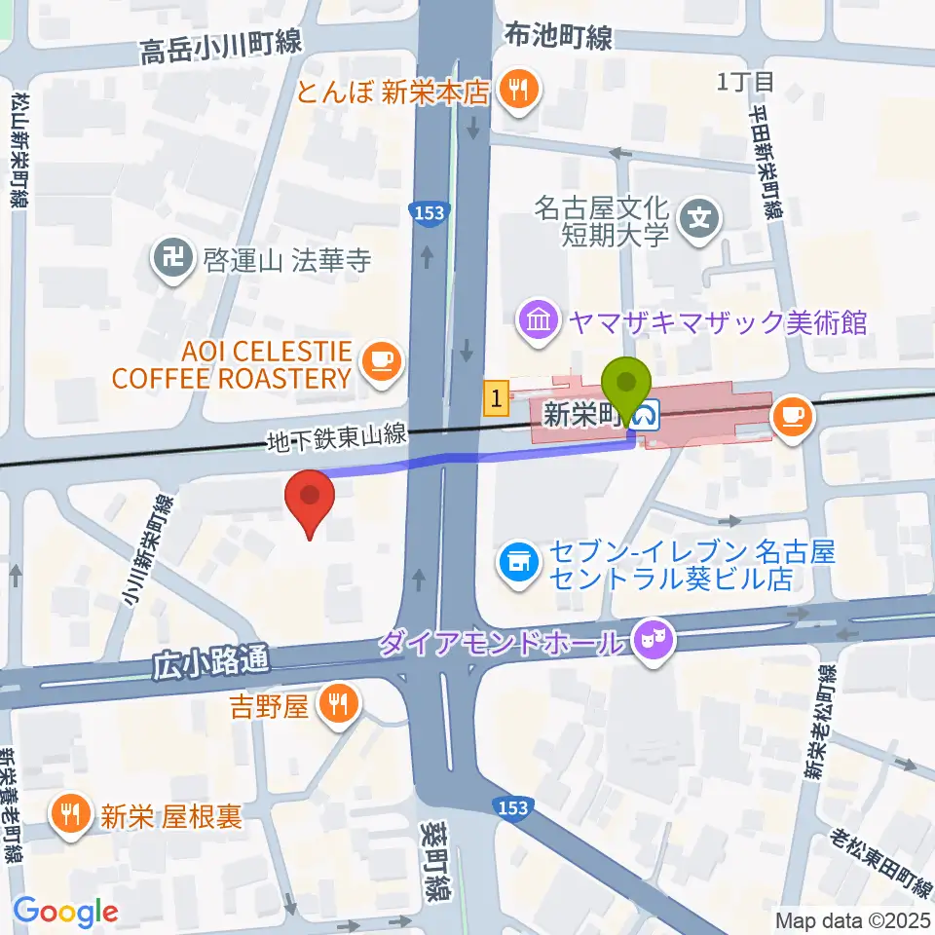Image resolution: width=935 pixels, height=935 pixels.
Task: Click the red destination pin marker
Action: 310,500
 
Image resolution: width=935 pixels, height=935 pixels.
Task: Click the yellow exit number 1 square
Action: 497,397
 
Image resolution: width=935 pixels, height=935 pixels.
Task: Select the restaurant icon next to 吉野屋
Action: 338,704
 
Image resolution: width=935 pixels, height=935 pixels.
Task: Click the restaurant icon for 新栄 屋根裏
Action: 71,813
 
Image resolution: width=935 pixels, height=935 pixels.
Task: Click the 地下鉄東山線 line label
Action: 336,437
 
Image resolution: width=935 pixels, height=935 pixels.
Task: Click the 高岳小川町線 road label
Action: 222,45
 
